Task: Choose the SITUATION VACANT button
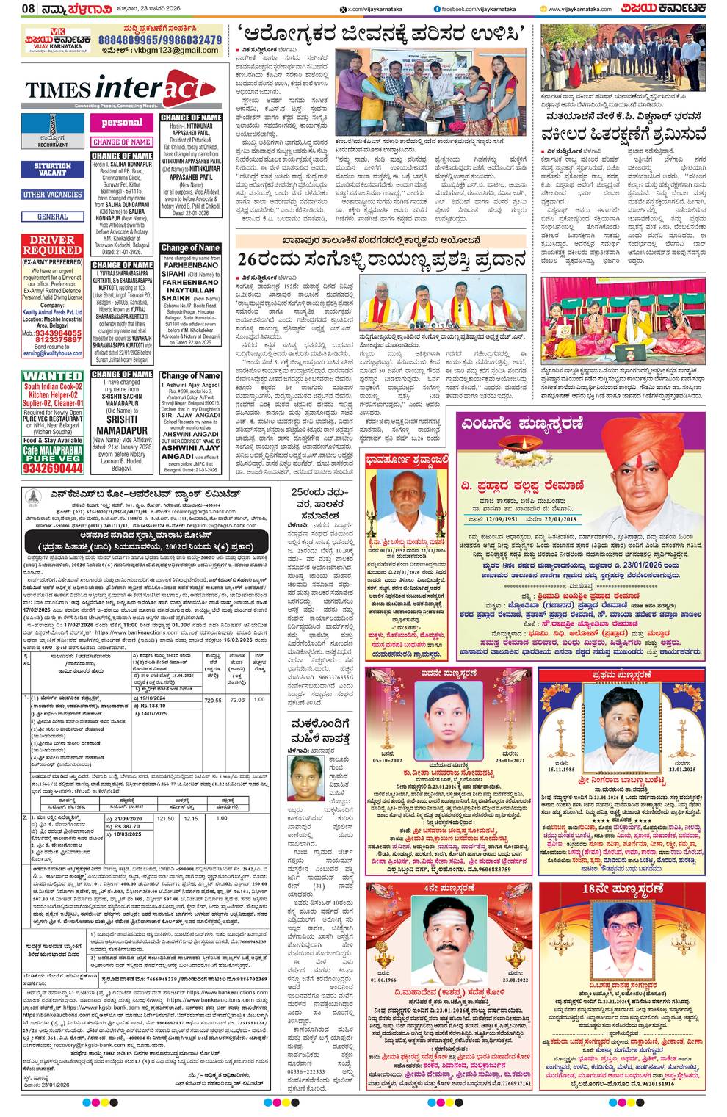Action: (52, 170)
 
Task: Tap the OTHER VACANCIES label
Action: (52, 195)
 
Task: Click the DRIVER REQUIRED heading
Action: (52, 245)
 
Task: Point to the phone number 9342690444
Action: (52, 468)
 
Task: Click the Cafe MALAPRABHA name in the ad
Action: (52, 450)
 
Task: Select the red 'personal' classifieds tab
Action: (122, 123)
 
